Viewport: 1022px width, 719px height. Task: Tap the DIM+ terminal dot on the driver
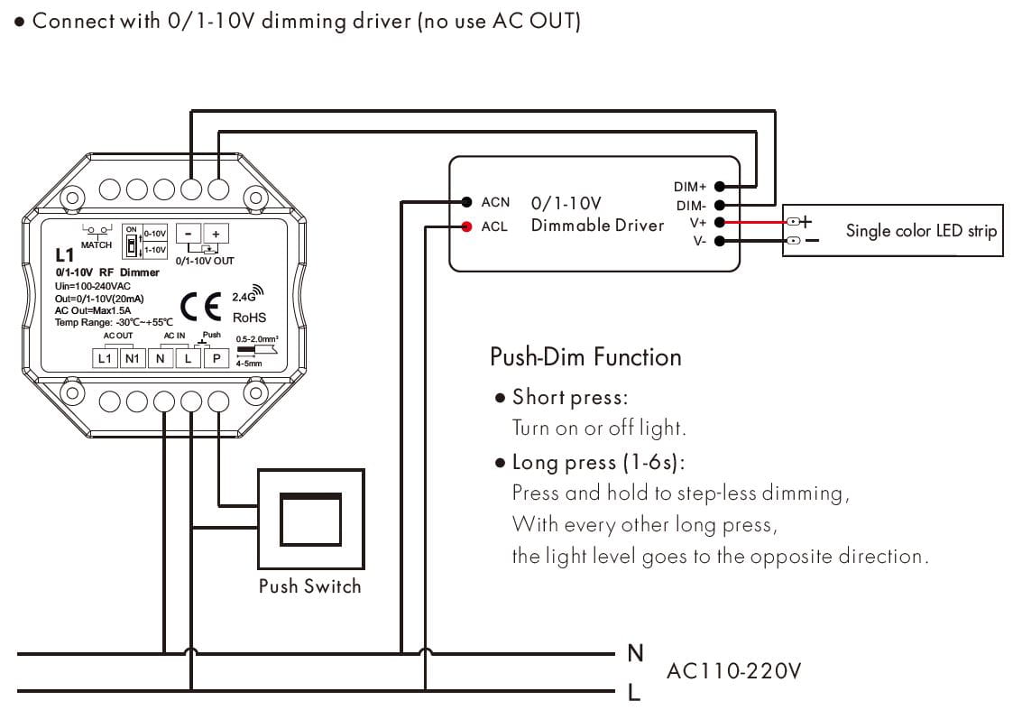coord(719,187)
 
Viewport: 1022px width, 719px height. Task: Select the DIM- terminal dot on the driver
coord(719,206)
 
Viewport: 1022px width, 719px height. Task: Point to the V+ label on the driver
coord(697,223)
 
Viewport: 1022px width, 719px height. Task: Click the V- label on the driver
coord(699,242)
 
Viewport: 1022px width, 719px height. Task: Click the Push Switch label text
coord(309,586)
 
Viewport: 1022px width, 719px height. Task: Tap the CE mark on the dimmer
coord(200,307)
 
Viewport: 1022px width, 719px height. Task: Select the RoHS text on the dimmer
coord(249,318)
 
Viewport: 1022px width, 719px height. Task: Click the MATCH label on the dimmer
coord(97,244)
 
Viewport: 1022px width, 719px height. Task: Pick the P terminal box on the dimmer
coord(216,358)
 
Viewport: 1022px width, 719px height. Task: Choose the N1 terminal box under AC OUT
coord(133,358)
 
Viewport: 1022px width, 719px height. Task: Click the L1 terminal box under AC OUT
coord(105,358)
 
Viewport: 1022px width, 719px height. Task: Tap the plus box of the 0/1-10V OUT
coord(216,233)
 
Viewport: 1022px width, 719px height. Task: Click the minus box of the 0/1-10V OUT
coord(188,233)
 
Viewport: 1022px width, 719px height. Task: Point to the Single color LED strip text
coord(921,231)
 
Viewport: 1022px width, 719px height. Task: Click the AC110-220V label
coord(733,671)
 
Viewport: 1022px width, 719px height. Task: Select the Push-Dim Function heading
coord(585,357)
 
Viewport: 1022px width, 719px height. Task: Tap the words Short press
coord(569,397)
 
